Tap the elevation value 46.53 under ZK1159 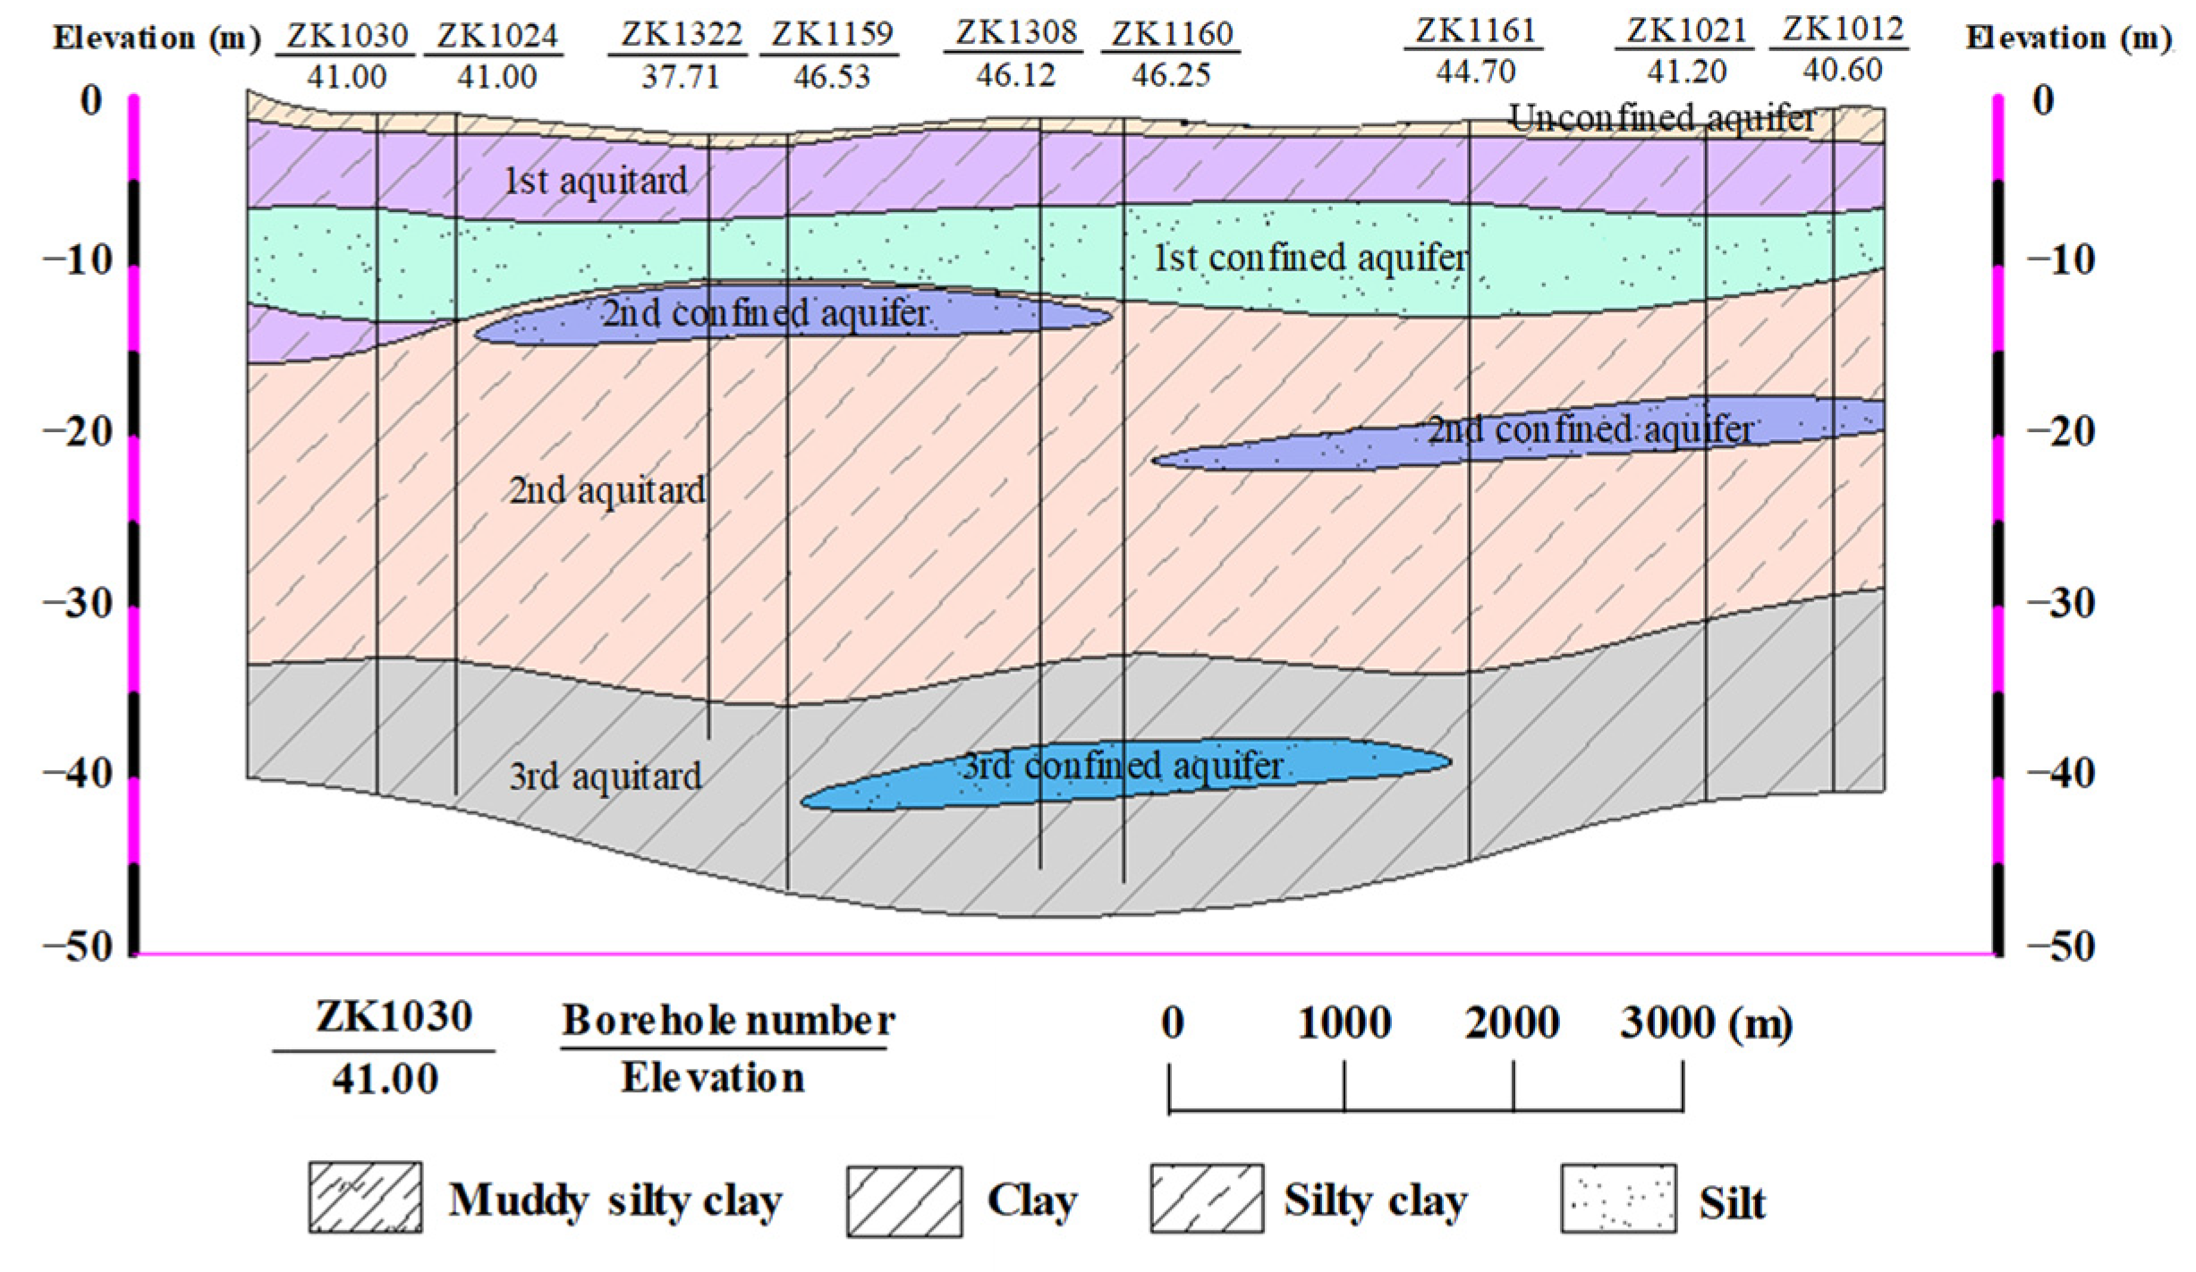(x=831, y=76)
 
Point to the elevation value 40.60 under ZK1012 (x=1842, y=70)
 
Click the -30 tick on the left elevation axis (x=78, y=604)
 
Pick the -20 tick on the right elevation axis (x=2060, y=432)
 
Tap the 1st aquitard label (x=596, y=182)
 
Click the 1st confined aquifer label (x=1310, y=258)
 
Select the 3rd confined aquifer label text (x=1123, y=766)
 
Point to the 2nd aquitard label (x=607, y=490)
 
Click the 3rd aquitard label (x=606, y=776)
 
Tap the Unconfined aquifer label (x=1662, y=118)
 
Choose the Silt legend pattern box (x=1618, y=1199)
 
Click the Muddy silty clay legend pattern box (x=366, y=1199)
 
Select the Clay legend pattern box (x=904, y=1200)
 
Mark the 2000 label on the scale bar (x=1512, y=1022)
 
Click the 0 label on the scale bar (x=1172, y=1022)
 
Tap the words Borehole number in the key (x=728, y=1021)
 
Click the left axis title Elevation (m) (x=157, y=38)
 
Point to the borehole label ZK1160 (x=1172, y=35)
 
